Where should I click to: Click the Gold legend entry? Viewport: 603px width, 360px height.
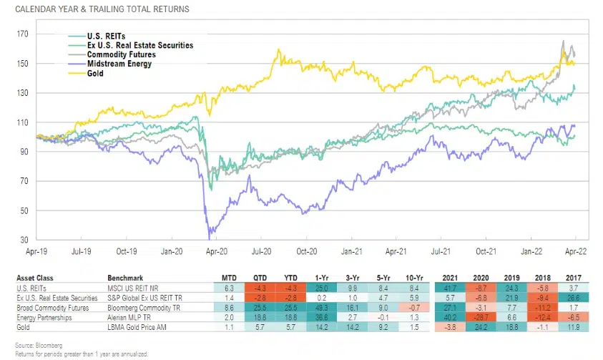(94, 73)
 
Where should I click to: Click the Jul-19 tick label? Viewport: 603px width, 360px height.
(81, 252)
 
